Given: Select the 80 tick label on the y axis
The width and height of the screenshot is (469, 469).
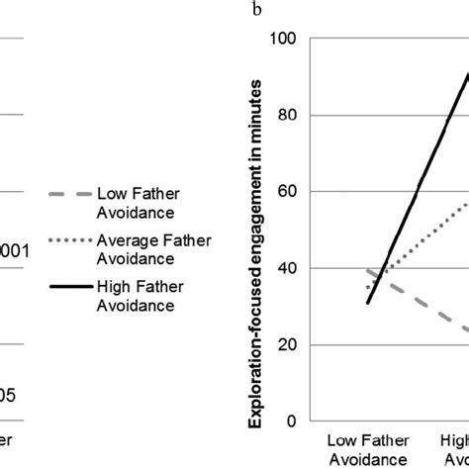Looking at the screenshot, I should tap(287, 115).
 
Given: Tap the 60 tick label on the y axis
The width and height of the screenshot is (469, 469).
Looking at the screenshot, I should tap(287, 191).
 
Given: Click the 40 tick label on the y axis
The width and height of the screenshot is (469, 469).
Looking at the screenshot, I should tap(287, 268).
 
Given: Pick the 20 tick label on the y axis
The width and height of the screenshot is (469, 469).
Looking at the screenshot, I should tap(287, 344).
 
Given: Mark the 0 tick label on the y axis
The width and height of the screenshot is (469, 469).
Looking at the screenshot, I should tap(291, 421).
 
